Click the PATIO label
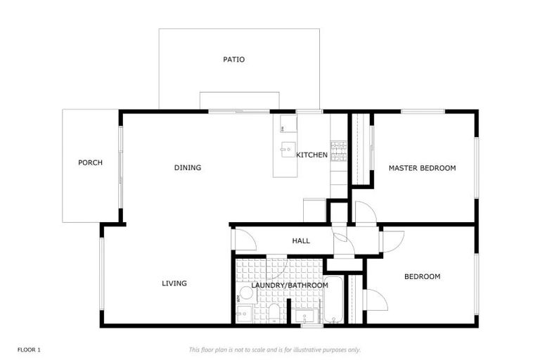(234, 60)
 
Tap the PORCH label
(90, 163)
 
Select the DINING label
(188, 168)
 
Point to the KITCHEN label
(311, 155)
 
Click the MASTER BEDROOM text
(422, 168)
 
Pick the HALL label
(301, 241)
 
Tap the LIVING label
(174, 283)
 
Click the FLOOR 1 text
(30, 349)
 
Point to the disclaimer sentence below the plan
(274, 349)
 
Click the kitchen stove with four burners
(339, 150)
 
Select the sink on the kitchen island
(288, 149)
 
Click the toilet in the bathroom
(274, 311)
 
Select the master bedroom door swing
(365, 213)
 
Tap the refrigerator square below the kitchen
(314, 210)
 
